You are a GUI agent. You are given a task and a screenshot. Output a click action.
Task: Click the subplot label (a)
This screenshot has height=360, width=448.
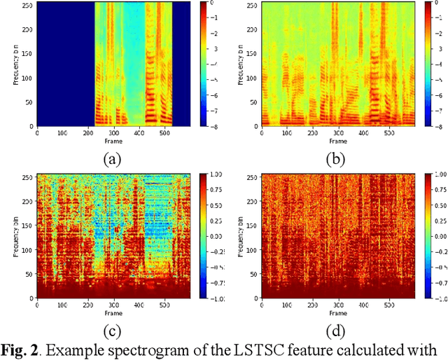point(112,159)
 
